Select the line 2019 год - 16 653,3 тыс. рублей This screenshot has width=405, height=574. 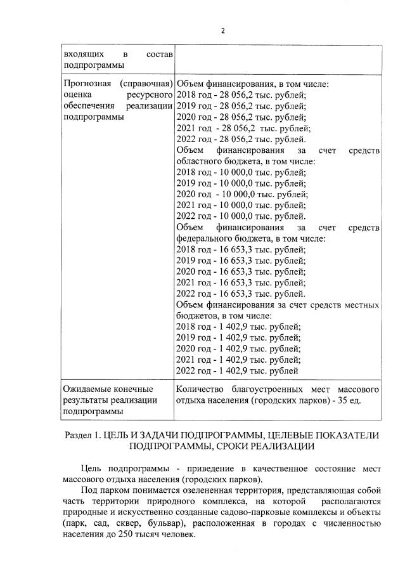click(240, 261)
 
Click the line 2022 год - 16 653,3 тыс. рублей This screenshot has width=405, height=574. click(240, 294)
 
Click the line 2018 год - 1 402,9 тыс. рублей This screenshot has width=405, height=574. click(238, 327)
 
